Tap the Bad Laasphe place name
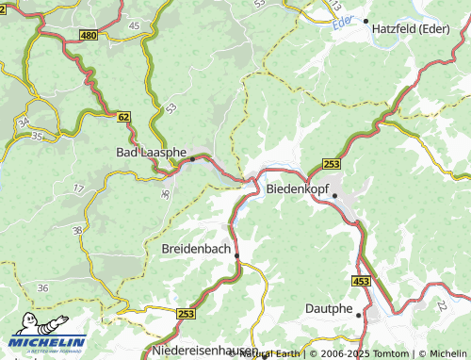click(x=152, y=151)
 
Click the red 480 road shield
click(x=89, y=36)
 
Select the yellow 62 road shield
click(x=123, y=117)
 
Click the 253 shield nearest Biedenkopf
click(x=331, y=164)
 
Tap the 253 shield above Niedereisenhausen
click(x=186, y=314)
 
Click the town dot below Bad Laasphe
click(x=192, y=159)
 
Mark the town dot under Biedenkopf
click(x=334, y=196)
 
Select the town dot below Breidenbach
click(x=236, y=255)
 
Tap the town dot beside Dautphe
click(x=359, y=317)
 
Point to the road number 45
click(x=134, y=25)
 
